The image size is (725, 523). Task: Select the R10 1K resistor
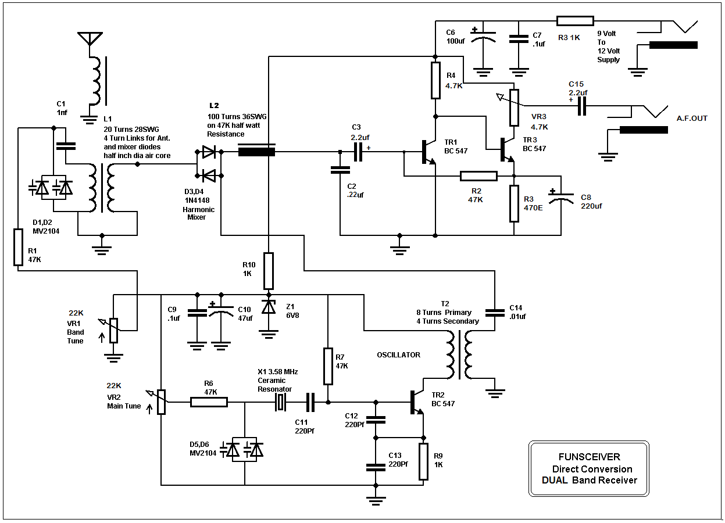tap(268, 271)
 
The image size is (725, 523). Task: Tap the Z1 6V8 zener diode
tap(268, 307)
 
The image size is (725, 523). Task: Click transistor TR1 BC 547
tap(428, 152)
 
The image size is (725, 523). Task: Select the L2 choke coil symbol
tap(256, 152)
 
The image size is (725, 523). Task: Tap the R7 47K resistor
tap(328, 366)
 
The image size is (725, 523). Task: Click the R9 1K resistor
tap(423, 461)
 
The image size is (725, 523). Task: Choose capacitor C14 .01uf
tap(495, 312)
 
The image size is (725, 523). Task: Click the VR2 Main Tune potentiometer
tap(161, 402)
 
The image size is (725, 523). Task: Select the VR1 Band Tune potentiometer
tap(114, 330)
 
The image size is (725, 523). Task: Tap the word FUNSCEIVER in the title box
tap(589, 457)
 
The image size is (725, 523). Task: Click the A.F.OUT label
tap(692, 119)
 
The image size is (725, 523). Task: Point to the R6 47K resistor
tap(209, 402)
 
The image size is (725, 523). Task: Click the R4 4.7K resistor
tap(435, 81)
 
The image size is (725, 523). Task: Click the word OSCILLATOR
tap(398, 354)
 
